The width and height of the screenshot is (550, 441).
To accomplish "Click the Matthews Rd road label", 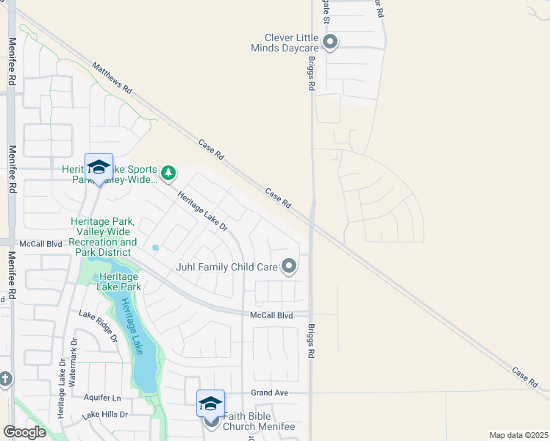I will click(x=112, y=77).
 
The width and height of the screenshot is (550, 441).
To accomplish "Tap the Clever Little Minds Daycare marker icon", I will click(x=330, y=42).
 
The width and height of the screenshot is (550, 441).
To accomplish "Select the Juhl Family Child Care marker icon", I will click(x=290, y=266).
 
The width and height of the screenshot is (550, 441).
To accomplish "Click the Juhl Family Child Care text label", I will click(x=226, y=267).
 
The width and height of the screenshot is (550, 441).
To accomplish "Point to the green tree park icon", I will click(x=170, y=173).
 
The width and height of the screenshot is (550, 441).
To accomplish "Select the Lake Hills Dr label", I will click(x=105, y=415).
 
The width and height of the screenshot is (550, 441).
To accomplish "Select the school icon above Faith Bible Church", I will click(x=210, y=403).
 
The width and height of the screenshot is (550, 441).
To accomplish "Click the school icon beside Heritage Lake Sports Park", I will click(x=99, y=166).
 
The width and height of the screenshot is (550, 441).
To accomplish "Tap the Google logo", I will click(x=25, y=432).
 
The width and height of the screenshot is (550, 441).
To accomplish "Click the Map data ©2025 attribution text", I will click(x=518, y=435).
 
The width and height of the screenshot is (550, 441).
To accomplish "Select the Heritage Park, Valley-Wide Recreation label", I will click(x=104, y=237).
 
